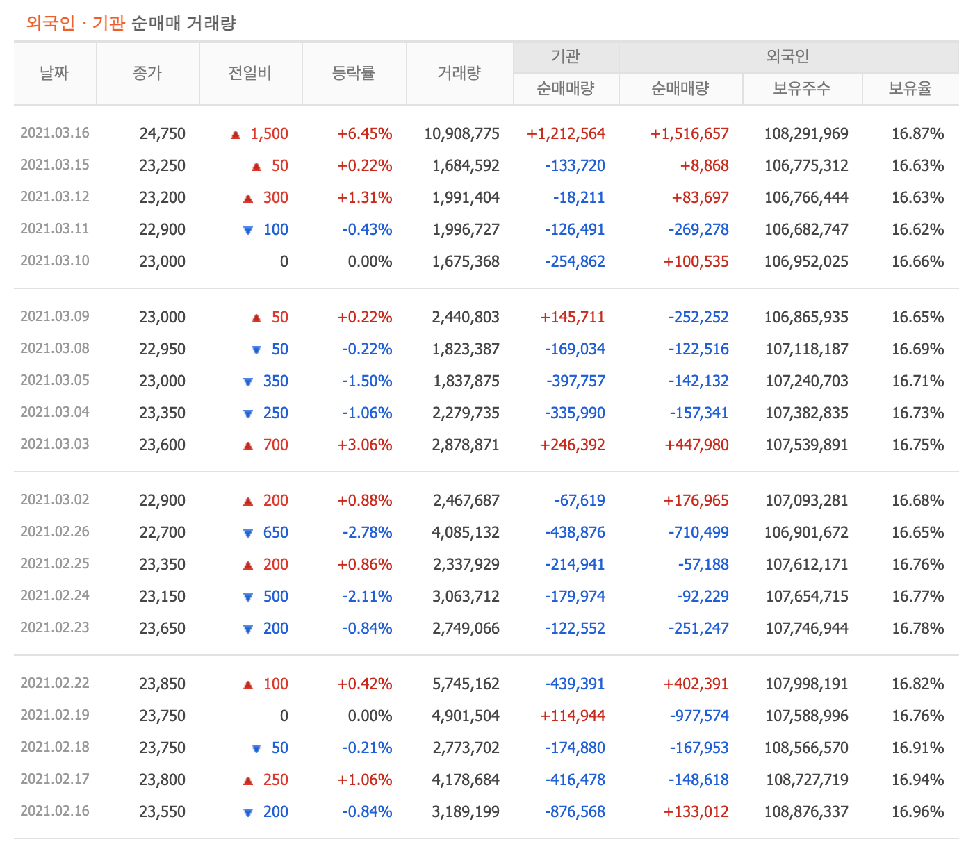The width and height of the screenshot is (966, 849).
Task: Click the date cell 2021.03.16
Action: tap(55, 133)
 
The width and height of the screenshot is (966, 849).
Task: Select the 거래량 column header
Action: tap(459, 73)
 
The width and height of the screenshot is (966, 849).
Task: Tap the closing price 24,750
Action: tap(163, 133)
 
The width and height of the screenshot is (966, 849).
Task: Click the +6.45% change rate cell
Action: tap(364, 133)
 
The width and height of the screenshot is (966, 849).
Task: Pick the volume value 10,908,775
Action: tap(461, 133)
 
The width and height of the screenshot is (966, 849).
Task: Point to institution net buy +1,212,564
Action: tap(566, 133)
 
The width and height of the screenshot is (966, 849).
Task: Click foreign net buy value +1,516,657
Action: tap(689, 133)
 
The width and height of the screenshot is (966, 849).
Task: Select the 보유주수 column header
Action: tap(802, 88)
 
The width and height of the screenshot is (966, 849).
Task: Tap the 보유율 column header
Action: tap(910, 88)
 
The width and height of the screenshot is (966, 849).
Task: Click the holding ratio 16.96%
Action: tap(917, 811)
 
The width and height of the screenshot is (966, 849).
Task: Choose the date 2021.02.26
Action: tap(55, 531)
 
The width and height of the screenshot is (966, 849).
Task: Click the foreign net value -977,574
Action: tap(698, 716)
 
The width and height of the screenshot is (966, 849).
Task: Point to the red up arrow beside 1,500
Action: tap(236, 134)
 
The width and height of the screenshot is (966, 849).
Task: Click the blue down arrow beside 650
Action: tap(248, 533)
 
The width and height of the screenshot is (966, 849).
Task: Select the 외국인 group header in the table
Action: tap(788, 56)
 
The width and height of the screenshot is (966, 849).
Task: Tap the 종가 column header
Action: tap(147, 73)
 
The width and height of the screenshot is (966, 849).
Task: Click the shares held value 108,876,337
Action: tap(806, 811)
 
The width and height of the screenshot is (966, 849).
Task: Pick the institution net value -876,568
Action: tap(575, 811)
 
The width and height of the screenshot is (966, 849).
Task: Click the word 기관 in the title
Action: tap(108, 23)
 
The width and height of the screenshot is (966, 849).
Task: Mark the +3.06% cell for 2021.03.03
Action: tap(364, 445)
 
